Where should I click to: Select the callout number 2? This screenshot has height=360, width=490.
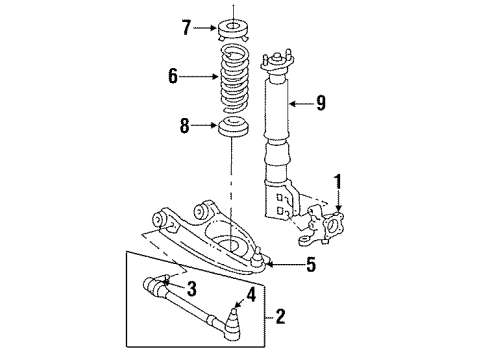(x=280, y=318)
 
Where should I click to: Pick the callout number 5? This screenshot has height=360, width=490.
(x=310, y=264)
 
